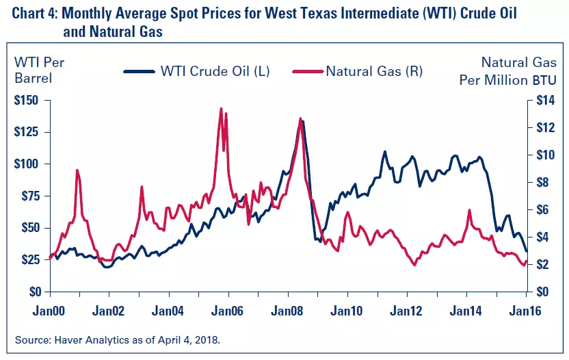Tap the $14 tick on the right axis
(539, 100)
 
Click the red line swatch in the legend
(306, 71)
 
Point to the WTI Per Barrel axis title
(40, 69)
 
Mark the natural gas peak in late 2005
(221, 109)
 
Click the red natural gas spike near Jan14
(469, 210)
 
